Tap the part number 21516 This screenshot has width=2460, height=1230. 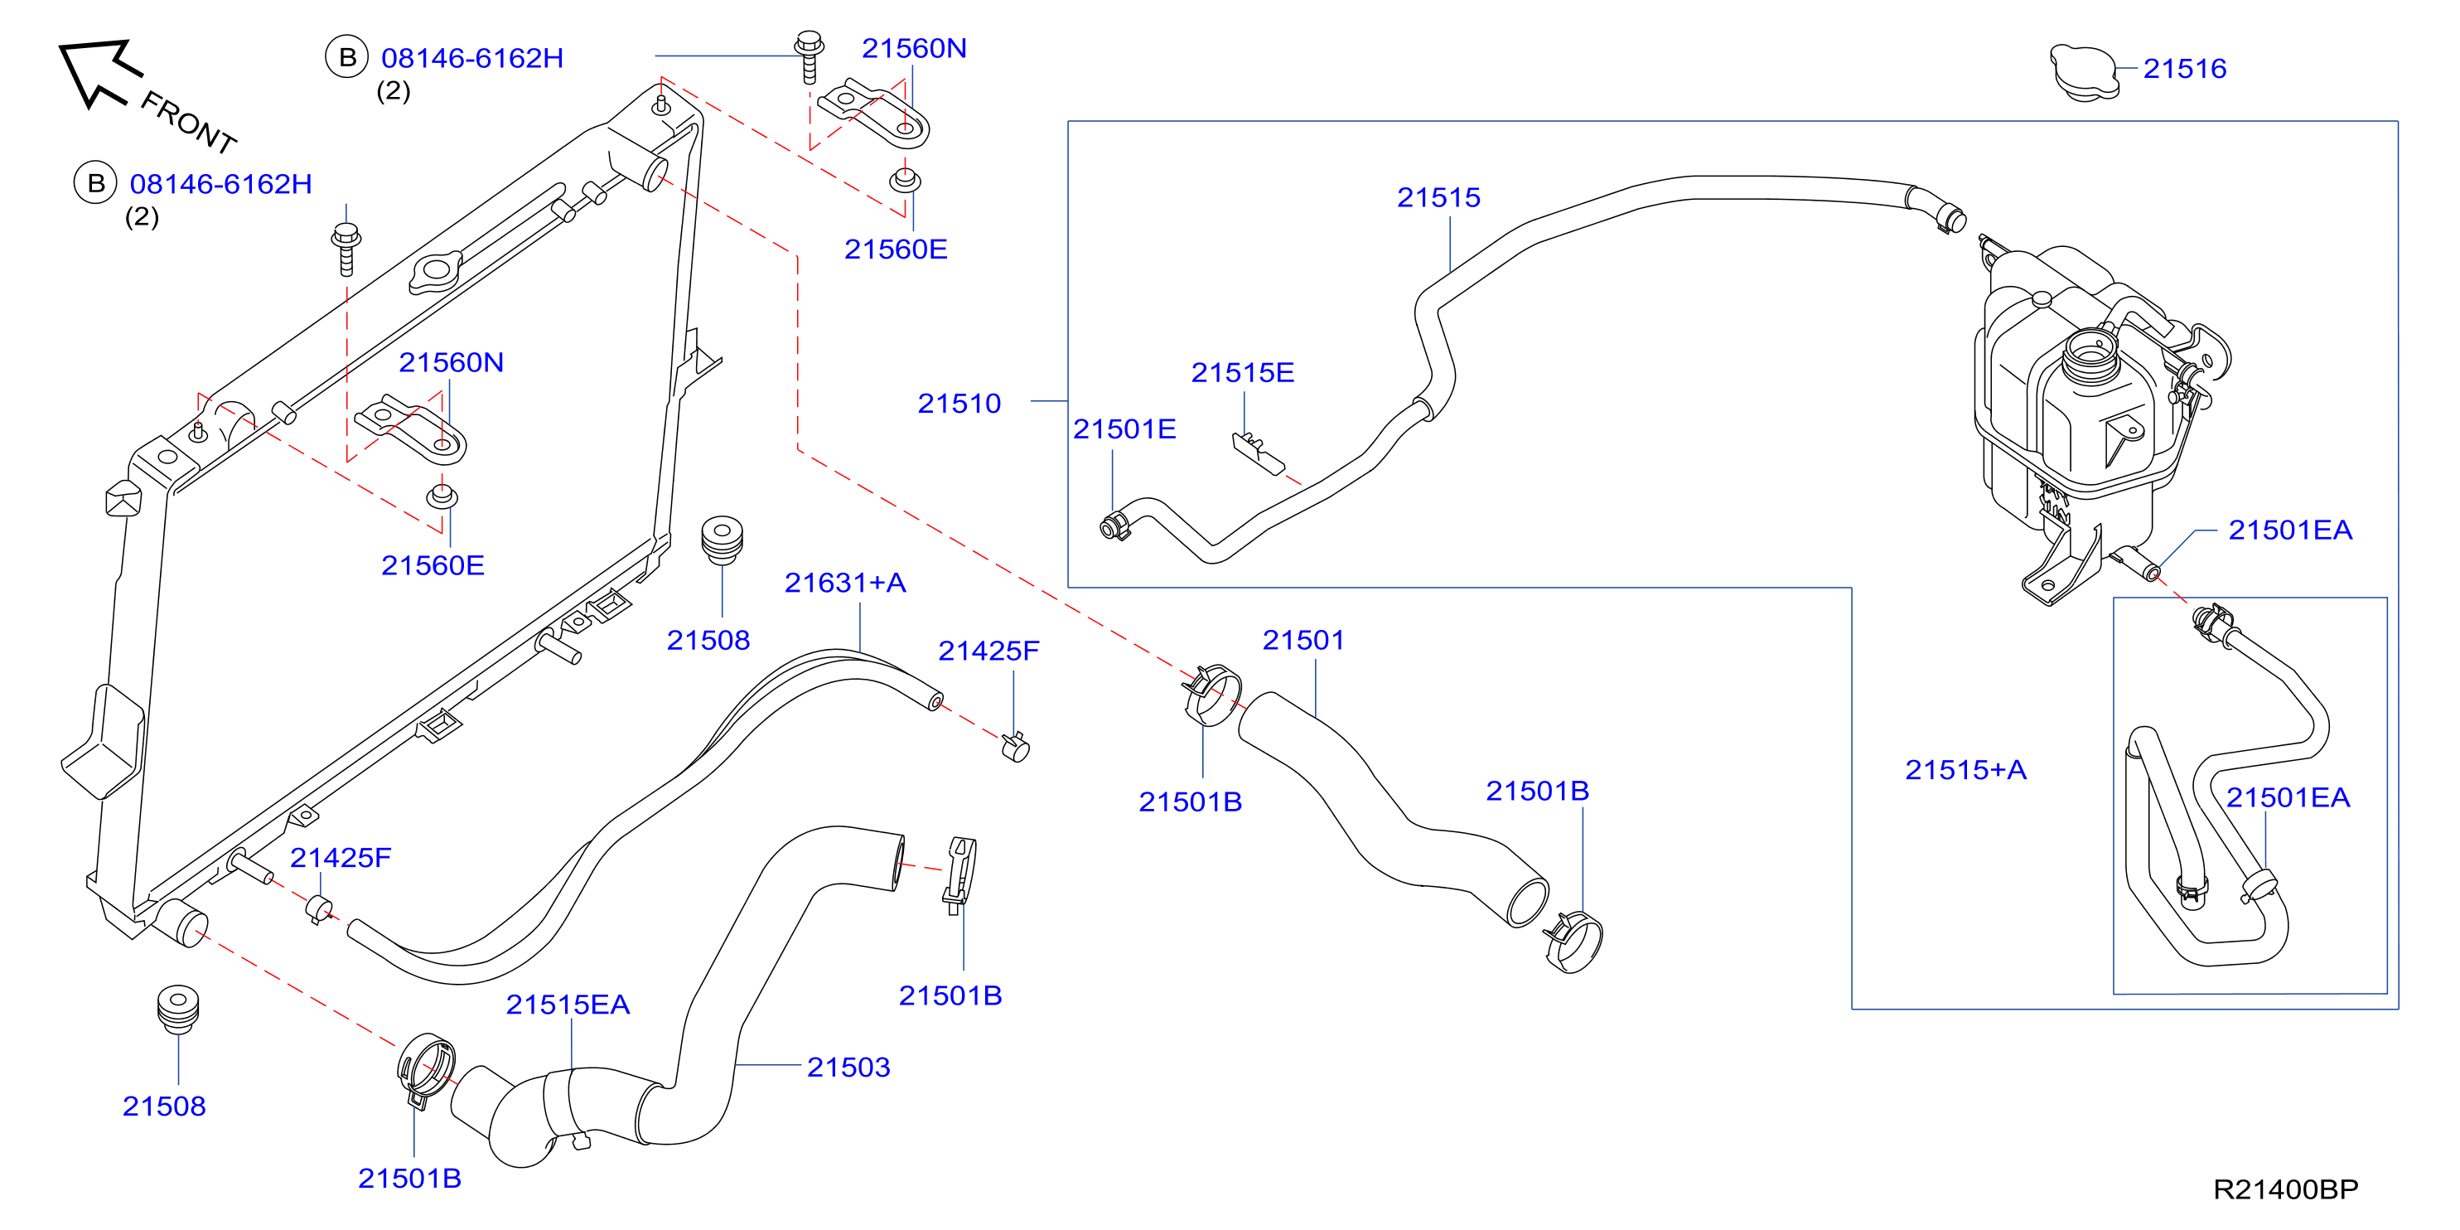point(2184,69)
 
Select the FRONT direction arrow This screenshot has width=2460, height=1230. point(99,70)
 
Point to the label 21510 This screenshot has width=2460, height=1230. point(959,403)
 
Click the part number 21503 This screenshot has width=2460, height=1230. point(848,1067)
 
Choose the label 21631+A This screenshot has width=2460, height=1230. point(844,583)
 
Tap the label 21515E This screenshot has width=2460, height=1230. point(1242,372)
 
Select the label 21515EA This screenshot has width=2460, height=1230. point(568,1005)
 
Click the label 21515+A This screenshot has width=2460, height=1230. point(1965,770)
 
